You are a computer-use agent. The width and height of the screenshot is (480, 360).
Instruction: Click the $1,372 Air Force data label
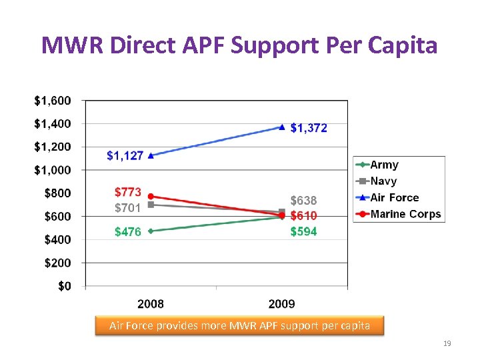(309, 128)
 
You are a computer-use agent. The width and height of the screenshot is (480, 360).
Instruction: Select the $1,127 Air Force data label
(125, 156)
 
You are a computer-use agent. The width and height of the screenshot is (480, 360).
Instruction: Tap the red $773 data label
(128, 193)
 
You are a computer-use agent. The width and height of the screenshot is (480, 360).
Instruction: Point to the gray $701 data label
(128, 208)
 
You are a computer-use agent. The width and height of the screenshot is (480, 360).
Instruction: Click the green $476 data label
(128, 232)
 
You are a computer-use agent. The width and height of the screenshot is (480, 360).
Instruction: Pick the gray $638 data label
(303, 201)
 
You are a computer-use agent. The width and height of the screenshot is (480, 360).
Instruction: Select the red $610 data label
(303, 216)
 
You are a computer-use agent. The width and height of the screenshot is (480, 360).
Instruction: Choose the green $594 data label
(303, 231)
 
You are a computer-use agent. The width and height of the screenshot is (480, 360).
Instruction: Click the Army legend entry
(384, 165)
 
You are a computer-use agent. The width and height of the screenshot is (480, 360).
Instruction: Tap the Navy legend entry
(383, 181)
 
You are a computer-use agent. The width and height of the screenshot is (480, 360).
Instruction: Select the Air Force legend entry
(394, 197)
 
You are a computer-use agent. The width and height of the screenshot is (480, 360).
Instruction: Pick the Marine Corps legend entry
(405, 214)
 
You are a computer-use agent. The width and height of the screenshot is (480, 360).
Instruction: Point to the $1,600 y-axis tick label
(53, 101)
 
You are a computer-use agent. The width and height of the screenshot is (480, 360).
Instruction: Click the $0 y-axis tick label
(64, 286)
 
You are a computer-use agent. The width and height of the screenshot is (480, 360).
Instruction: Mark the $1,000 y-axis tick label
(53, 170)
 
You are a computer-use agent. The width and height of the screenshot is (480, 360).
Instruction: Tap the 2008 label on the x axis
(151, 304)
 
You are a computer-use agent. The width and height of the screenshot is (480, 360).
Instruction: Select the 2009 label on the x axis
(282, 304)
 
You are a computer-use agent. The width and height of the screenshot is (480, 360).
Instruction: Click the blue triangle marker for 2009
(282, 127)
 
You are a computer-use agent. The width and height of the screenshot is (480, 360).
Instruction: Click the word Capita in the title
(404, 45)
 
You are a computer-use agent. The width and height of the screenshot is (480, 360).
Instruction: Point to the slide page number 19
(447, 343)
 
